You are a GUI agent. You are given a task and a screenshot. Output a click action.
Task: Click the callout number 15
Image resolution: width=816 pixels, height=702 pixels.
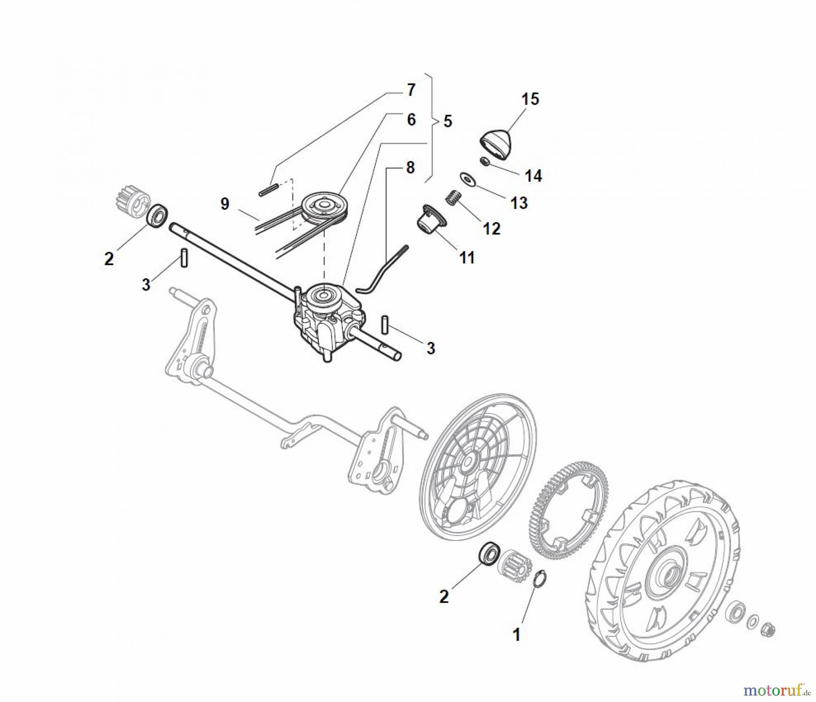point(530,99)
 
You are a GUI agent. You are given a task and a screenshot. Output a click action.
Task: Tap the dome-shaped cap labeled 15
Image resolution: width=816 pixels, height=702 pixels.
point(495,144)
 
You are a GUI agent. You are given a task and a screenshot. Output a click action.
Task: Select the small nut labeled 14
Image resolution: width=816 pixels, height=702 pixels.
point(485,161)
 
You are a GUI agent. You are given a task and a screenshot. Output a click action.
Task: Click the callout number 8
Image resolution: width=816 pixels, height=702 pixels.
point(410,168)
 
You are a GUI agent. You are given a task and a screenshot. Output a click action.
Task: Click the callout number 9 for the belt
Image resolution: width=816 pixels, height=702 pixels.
point(225,204)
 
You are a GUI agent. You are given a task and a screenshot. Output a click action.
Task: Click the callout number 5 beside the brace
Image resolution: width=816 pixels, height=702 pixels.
point(448,122)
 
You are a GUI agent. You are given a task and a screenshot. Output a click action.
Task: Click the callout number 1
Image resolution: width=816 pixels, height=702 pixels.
point(516,635)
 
